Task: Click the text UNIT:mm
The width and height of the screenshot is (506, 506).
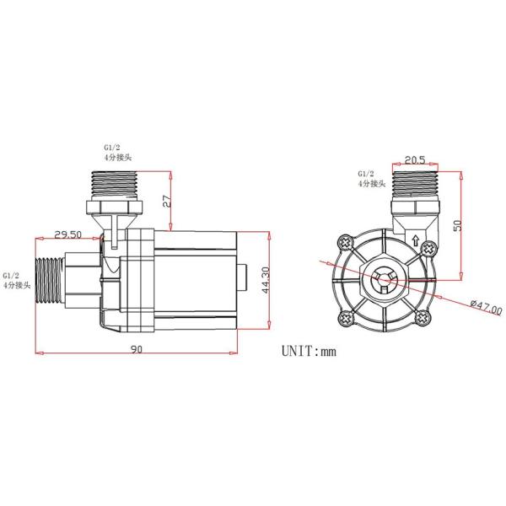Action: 308,350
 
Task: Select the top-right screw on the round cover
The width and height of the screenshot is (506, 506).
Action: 421,245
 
